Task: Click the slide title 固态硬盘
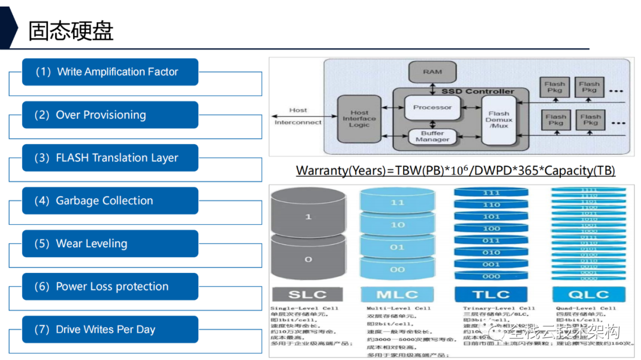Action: point(71,31)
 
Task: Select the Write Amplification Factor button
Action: point(110,72)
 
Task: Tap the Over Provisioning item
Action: point(110,115)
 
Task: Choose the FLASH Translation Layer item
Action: point(110,158)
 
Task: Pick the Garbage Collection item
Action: point(110,200)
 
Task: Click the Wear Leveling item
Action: point(110,244)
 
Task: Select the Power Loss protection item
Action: point(110,286)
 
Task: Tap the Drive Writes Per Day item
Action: point(110,329)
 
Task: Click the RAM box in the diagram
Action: point(432,72)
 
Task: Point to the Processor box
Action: point(432,107)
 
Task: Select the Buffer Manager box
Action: point(432,136)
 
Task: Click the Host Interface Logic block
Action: point(358,119)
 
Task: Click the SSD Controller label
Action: point(477,91)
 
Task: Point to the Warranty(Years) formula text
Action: point(455,171)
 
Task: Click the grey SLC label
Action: point(307,295)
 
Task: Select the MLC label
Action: point(398,295)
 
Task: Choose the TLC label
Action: point(491,295)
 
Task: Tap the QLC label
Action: point(588,295)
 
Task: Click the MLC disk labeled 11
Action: point(398,203)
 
